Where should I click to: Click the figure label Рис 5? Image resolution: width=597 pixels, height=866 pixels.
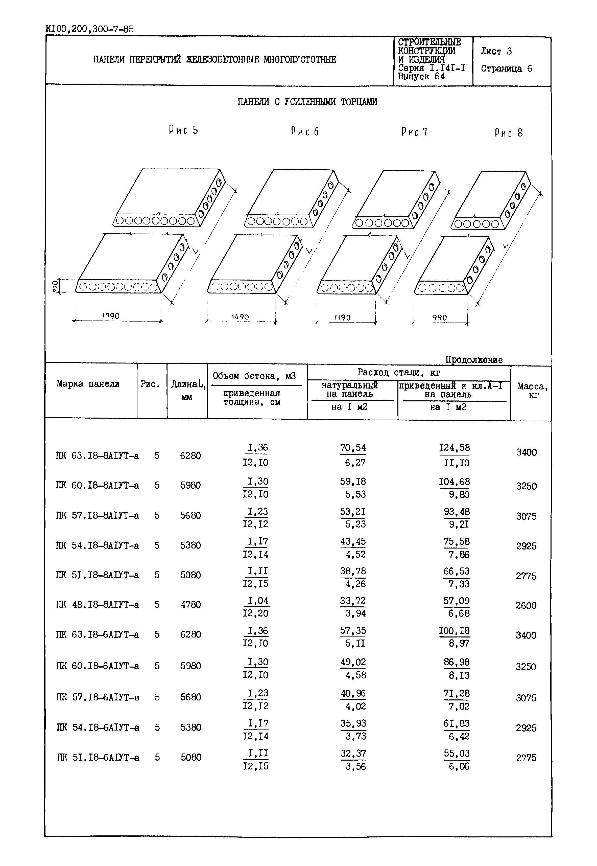[183, 130]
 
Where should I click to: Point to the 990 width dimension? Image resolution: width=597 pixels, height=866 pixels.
[440, 318]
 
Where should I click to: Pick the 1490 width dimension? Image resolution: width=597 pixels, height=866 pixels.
[240, 317]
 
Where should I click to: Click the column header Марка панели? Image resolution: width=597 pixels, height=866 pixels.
[88, 384]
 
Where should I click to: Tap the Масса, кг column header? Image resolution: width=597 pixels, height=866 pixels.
[533, 390]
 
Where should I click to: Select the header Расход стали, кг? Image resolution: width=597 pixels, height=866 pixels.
[399, 372]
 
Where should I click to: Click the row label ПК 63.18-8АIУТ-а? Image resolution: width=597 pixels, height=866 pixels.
[97, 456]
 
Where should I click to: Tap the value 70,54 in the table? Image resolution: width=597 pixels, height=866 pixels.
[353, 448]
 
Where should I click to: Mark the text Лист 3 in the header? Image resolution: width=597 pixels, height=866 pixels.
[496, 51]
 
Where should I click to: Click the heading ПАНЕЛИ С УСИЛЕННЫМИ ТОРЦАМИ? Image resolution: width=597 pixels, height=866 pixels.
[307, 102]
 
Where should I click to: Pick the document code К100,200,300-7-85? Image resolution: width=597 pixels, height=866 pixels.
[90, 29]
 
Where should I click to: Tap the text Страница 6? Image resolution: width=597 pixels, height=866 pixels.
[507, 69]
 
